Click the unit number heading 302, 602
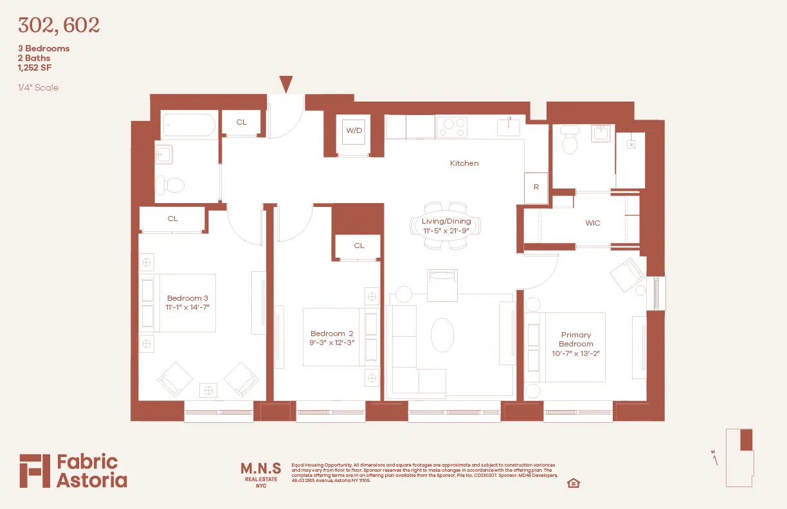[59, 26]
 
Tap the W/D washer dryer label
[354, 130]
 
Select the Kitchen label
[464, 163]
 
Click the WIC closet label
[593, 223]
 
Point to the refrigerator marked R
[536, 187]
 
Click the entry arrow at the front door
[286, 84]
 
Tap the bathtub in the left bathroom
[188, 125]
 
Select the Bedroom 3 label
[188, 298]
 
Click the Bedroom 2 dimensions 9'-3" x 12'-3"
[332, 343]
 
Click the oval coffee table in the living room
[442, 335]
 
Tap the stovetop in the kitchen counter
[452, 127]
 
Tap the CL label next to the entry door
[242, 122]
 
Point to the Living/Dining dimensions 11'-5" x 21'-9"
[446, 230]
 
